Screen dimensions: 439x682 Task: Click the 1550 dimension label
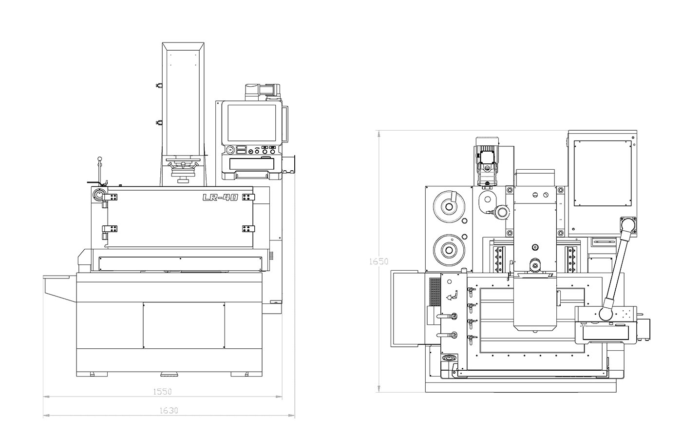pyautogui.click(x=163, y=391)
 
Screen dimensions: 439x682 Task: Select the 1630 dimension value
pyautogui.click(x=169, y=411)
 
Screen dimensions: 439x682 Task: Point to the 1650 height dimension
pyautogui.click(x=379, y=261)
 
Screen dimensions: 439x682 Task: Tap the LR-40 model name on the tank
pyautogui.click(x=220, y=198)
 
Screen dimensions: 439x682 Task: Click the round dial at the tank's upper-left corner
pyautogui.click(x=99, y=195)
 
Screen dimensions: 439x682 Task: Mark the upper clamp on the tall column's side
pyautogui.click(x=158, y=86)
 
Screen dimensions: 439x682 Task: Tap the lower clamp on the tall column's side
pyautogui.click(x=158, y=123)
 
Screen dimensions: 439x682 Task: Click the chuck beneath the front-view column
pyautogui.click(x=183, y=170)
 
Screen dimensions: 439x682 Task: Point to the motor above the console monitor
pyautogui.click(x=263, y=90)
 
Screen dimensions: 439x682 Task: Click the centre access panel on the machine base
pyautogui.click(x=184, y=325)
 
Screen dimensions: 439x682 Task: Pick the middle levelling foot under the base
pyautogui.click(x=169, y=374)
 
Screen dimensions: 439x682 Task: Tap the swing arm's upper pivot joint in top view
pyautogui.click(x=628, y=225)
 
